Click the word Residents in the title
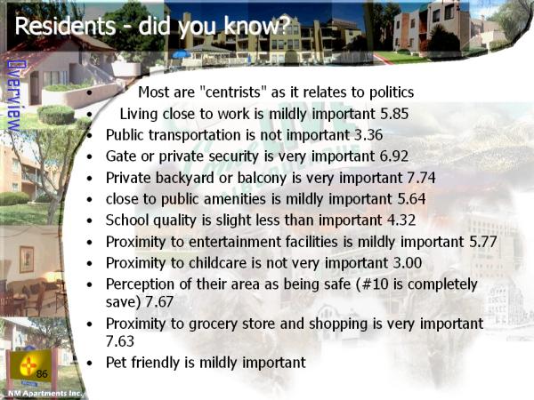tap(65, 26)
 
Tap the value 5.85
tap(394, 114)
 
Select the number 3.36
tap(368, 135)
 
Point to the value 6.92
tap(394, 156)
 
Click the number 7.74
tap(421, 178)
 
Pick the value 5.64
tap(411, 199)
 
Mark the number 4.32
tap(401, 220)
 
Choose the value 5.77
tap(483, 242)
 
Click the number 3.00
tap(408, 263)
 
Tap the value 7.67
tap(159, 302)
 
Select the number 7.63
tap(120, 341)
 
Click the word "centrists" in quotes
tap(233, 92)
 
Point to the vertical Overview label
tap(13, 96)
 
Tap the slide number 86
tap(42, 374)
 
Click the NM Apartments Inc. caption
tap(44, 394)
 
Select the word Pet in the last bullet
tap(117, 363)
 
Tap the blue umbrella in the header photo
tap(182, 54)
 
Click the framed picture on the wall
tap(26, 260)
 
